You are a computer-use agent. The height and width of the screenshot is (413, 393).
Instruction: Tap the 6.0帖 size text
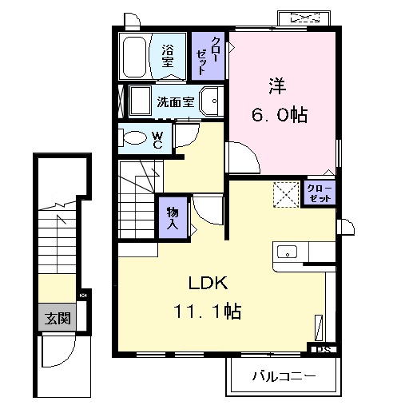(x=280, y=114)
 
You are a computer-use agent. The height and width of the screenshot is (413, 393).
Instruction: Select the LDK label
(x=209, y=283)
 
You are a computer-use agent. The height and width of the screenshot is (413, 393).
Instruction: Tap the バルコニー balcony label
(x=284, y=375)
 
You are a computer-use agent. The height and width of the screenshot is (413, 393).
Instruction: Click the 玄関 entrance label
(x=58, y=317)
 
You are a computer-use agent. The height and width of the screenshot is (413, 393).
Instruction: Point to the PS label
(x=323, y=349)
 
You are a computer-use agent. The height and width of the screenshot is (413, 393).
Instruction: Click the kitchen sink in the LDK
(x=286, y=253)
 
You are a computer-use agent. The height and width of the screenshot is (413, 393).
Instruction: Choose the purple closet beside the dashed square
(x=320, y=193)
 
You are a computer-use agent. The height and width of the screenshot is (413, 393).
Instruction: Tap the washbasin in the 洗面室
(x=213, y=101)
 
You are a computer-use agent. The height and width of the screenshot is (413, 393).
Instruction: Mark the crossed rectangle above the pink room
(x=304, y=18)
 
